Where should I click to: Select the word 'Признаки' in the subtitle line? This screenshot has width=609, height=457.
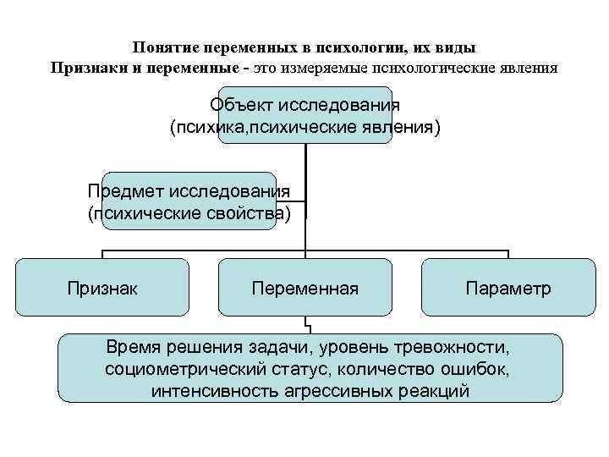coord(85,67)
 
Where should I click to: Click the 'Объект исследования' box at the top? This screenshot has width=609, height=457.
coord(304,116)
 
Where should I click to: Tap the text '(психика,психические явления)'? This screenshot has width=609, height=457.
coord(304,128)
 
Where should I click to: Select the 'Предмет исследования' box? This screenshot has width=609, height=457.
coord(189,201)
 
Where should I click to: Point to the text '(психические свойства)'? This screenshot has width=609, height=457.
coord(189,212)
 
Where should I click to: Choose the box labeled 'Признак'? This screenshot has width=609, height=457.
coord(103,289)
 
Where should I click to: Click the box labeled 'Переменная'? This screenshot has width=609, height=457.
coord(304,289)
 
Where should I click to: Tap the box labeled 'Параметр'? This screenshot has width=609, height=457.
coord(507,289)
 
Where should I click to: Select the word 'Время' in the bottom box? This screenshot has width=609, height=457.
coord(132,348)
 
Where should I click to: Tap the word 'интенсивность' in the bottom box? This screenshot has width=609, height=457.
coord(206,392)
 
